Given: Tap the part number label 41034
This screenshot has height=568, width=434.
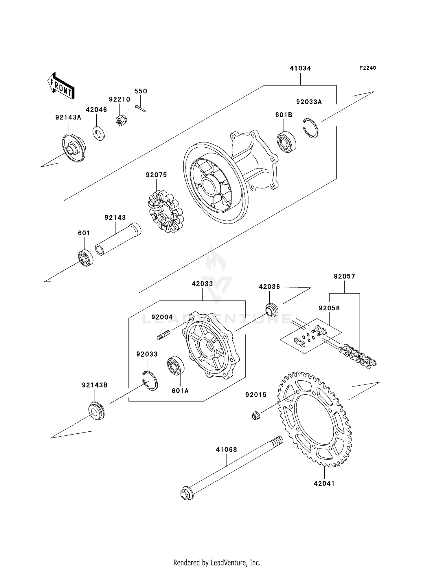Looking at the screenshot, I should tap(300, 68).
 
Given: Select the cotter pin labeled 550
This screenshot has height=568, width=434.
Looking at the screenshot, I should tap(141, 108).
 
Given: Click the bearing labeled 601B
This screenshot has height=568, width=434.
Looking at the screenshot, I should tap(287, 142).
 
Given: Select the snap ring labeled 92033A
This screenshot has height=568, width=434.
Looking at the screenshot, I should tap(311, 128).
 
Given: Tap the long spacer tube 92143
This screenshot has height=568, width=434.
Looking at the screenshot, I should tap(118, 239).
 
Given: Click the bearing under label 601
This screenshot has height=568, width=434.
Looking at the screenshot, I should tap(86, 257).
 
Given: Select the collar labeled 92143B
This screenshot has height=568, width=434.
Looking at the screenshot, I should tap(96, 411).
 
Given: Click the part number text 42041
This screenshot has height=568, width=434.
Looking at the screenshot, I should tap(324, 483).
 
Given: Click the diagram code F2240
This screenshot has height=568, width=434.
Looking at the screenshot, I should tap(367, 68).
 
